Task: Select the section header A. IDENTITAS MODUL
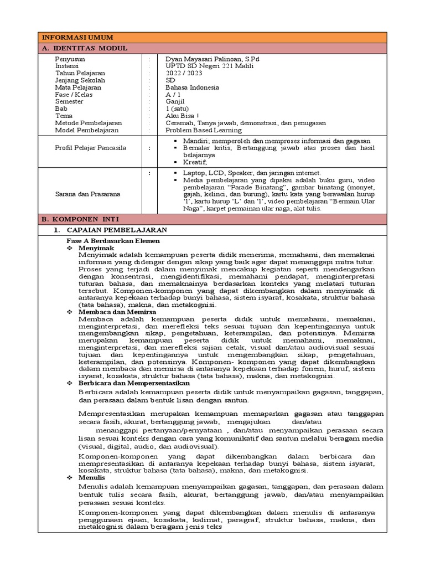[85, 48]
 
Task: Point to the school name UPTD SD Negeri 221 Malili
[209, 65]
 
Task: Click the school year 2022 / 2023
[184, 73]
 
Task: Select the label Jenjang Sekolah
[80, 80]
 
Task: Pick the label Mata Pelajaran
[78, 87]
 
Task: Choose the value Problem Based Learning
[204, 130]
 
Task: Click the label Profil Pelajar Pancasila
[90, 148]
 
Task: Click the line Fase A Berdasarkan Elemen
[113, 241]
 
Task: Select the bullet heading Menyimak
[96, 248]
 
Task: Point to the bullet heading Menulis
[92, 477]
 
